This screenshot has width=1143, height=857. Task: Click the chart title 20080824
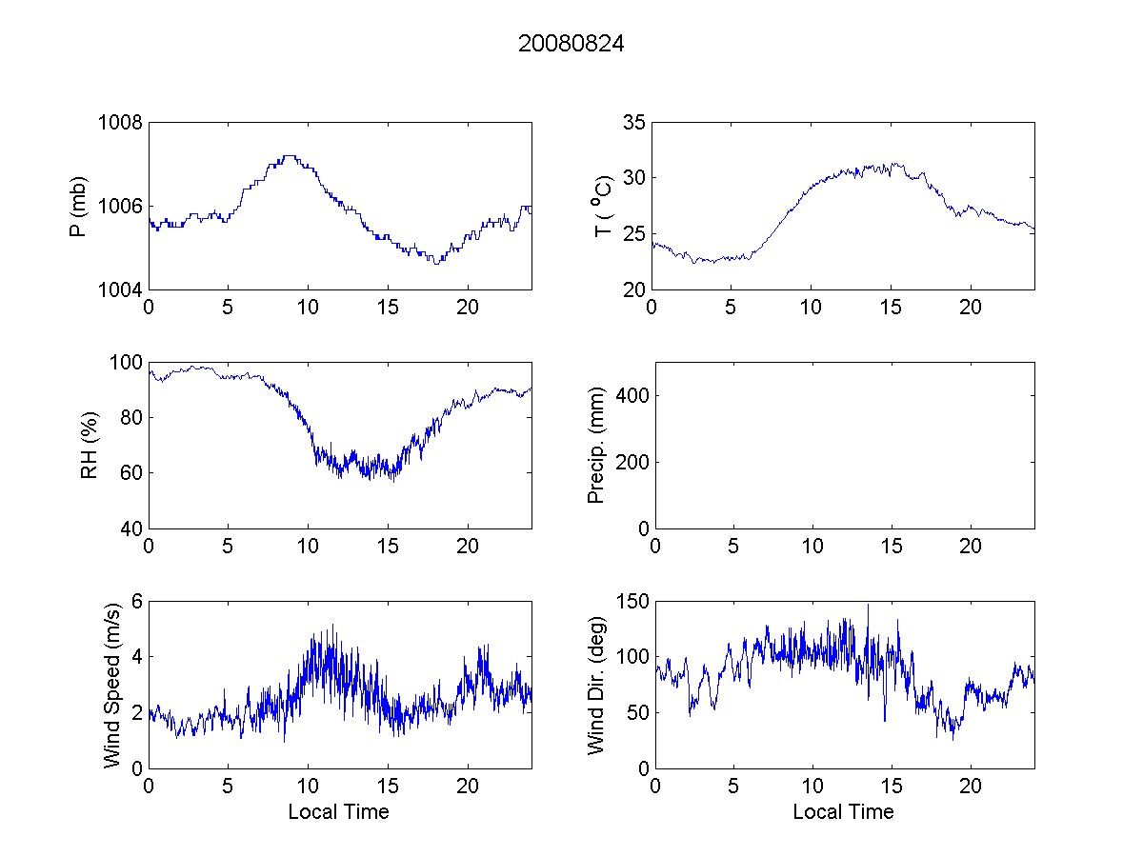pyautogui.click(x=571, y=44)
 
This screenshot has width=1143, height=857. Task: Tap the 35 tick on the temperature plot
pyautogui.click(x=634, y=122)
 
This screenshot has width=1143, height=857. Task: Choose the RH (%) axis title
pyautogui.click(x=90, y=445)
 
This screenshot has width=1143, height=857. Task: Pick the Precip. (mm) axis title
pyautogui.click(x=596, y=445)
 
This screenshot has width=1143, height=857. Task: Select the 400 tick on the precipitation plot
pyautogui.click(x=630, y=395)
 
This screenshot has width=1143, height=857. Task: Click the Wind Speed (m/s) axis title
pyautogui.click(x=112, y=684)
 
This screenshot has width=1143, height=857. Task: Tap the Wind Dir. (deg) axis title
pyautogui.click(x=596, y=684)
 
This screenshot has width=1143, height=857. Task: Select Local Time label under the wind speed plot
pyautogui.click(x=338, y=811)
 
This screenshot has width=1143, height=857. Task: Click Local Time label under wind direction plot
pyautogui.click(x=843, y=811)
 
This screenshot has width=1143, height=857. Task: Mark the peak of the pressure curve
pyautogui.click(x=289, y=156)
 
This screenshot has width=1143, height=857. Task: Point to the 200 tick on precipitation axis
pyautogui.click(x=630, y=462)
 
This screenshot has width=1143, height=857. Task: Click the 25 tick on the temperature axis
pyautogui.click(x=634, y=233)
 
